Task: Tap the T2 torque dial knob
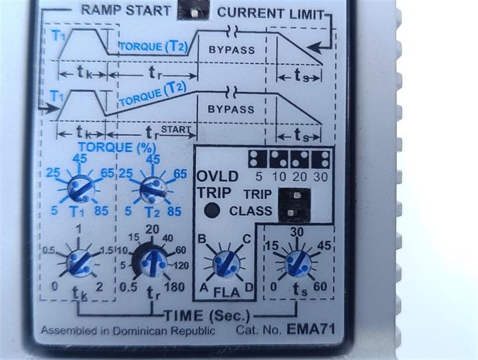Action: (x=152, y=189)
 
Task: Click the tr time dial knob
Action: (x=153, y=262)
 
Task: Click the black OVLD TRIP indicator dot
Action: (x=213, y=211)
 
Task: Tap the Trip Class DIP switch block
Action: (x=294, y=204)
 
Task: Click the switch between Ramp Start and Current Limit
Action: (x=193, y=9)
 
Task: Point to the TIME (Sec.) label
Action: (x=206, y=315)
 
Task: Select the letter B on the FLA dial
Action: (x=202, y=239)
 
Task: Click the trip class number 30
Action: (x=321, y=176)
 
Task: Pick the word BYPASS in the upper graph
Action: (x=232, y=50)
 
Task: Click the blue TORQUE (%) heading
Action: (x=117, y=148)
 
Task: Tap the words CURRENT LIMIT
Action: (x=271, y=13)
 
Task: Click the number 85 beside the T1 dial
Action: (x=101, y=211)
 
